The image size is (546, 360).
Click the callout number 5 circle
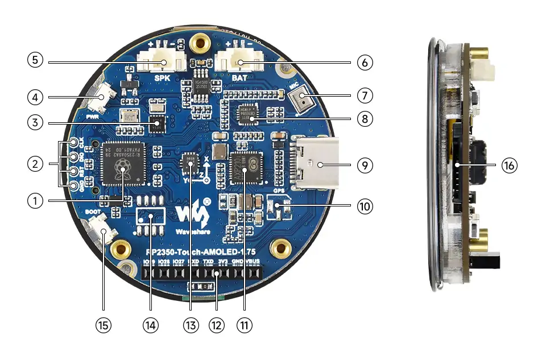(35, 60)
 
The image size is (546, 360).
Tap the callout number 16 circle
(510, 165)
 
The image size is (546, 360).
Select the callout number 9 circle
(365, 165)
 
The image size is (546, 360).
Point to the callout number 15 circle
(103, 325)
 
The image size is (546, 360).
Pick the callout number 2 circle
(35, 164)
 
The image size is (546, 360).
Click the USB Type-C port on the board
(316, 165)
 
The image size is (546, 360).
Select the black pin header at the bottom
(203, 274)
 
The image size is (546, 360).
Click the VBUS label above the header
(254, 262)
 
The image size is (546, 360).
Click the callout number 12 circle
(217, 325)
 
